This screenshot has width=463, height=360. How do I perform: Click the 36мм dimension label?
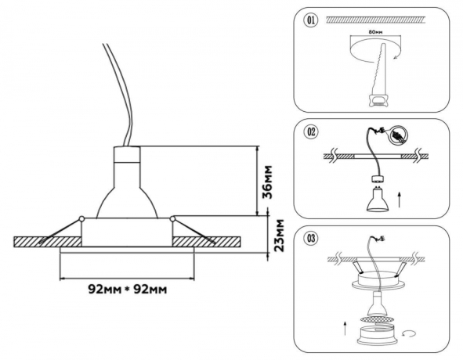267,181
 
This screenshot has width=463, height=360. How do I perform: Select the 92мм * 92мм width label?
126,289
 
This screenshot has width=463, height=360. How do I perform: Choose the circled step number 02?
312,132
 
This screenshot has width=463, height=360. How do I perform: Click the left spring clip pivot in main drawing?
81,217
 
